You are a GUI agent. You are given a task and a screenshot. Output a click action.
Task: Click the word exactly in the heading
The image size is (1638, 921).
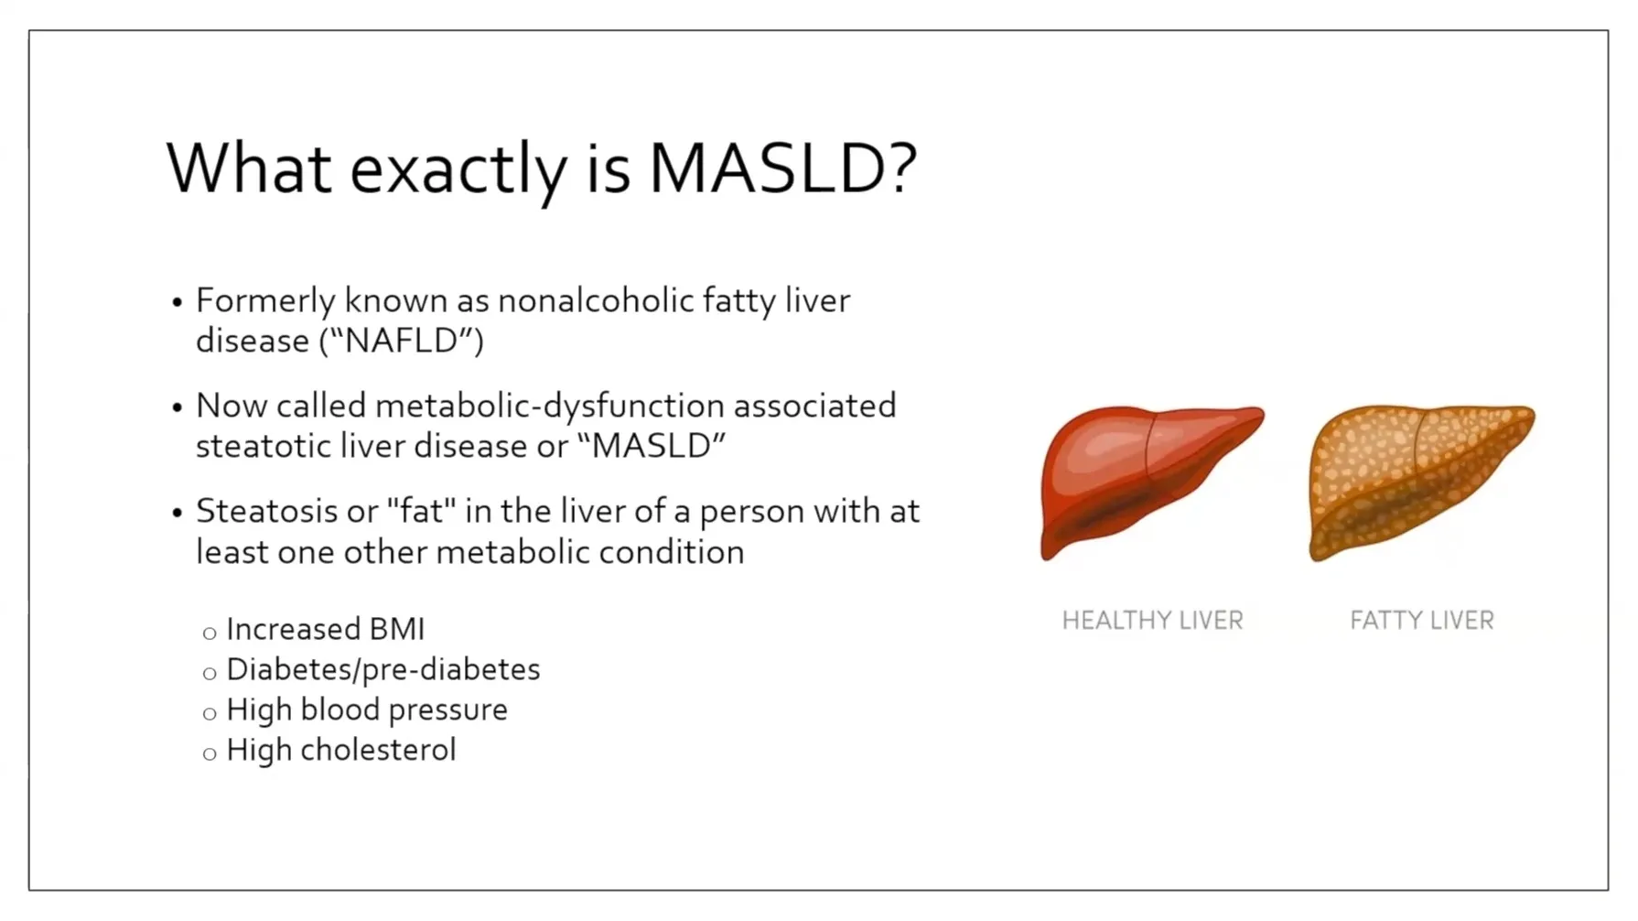(458, 173)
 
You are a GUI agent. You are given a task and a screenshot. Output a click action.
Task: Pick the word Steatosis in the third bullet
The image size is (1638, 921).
(266, 511)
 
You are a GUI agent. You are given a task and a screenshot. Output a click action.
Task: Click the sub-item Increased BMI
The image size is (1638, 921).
(326, 629)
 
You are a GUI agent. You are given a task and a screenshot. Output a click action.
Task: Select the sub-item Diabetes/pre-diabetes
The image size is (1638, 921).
(383, 670)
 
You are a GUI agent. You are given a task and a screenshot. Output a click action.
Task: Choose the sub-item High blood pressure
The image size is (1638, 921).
(367, 710)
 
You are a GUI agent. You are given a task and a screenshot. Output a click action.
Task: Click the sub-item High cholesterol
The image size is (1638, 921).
(341, 750)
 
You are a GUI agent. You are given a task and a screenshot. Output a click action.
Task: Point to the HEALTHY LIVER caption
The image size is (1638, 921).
(1152, 621)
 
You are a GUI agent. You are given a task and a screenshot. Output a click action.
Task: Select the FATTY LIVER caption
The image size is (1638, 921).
(1421, 621)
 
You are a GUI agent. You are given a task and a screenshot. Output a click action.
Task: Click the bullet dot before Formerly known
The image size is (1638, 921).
(178, 302)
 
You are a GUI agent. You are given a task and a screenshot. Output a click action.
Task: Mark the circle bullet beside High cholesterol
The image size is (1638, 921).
(210, 754)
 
